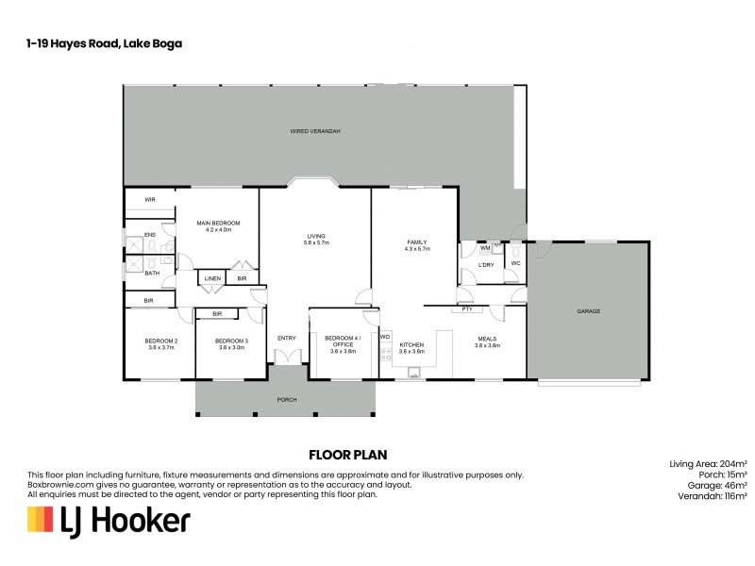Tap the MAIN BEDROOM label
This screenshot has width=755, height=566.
(213, 223)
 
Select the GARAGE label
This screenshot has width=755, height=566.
(589, 310)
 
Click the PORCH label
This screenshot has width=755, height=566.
(287, 399)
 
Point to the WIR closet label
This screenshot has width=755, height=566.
(150, 200)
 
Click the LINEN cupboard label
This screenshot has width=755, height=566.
(211, 278)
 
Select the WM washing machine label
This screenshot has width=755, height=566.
(484, 247)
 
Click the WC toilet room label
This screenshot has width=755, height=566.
(515, 264)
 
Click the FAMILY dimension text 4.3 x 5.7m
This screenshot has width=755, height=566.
(417, 249)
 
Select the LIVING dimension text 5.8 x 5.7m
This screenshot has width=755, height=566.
(316, 243)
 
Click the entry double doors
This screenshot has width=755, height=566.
(287, 356)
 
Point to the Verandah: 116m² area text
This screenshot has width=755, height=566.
(709, 494)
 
